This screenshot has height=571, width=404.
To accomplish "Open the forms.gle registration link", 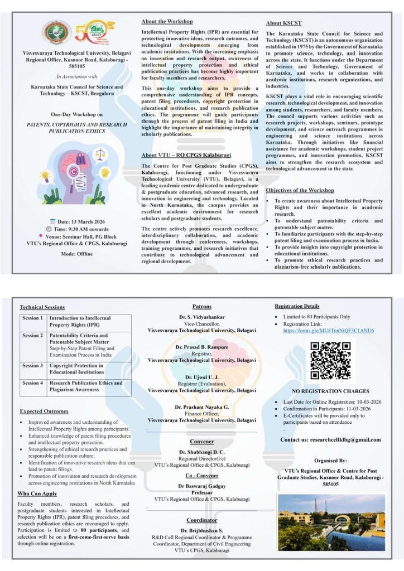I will (x=329, y=331).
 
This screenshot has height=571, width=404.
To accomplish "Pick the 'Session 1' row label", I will (x=33, y=318).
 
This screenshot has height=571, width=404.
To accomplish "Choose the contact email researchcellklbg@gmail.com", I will (x=331, y=440).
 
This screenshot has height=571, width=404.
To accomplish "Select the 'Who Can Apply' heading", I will (x=37, y=493).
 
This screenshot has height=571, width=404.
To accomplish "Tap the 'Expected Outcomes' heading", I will (x=44, y=412).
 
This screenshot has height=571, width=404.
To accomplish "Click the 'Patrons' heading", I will (x=201, y=307).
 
